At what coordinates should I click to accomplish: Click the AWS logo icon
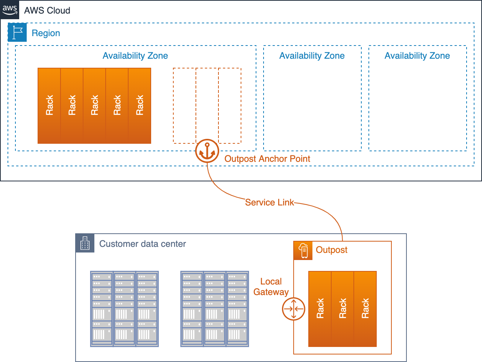click(x=10, y=10)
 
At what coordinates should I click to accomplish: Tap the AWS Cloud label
click(x=47, y=11)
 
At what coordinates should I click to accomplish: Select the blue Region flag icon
click(x=17, y=32)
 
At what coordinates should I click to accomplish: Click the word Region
click(x=46, y=33)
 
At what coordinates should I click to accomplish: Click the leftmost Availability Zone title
click(x=135, y=56)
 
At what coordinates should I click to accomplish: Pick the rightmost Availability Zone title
click(x=417, y=56)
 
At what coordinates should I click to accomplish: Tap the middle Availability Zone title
click(x=312, y=56)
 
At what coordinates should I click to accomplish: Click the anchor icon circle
click(x=207, y=151)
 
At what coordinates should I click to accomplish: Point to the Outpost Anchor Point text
click(x=267, y=159)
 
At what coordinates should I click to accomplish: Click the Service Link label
click(x=269, y=202)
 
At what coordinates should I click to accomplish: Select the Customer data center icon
click(x=85, y=243)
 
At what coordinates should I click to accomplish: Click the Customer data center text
click(x=142, y=244)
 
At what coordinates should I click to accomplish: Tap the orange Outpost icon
click(x=303, y=251)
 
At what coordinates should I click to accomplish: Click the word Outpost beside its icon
click(x=332, y=250)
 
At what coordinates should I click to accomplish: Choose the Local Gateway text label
click(x=271, y=287)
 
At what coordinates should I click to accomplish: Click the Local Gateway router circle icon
click(x=294, y=309)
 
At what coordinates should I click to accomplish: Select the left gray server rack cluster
click(x=124, y=309)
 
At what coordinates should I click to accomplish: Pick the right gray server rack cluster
click(x=215, y=309)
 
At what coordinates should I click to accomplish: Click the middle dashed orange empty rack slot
click(x=207, y=105)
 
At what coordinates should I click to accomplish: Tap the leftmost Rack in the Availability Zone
click(x=49, y=105)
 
